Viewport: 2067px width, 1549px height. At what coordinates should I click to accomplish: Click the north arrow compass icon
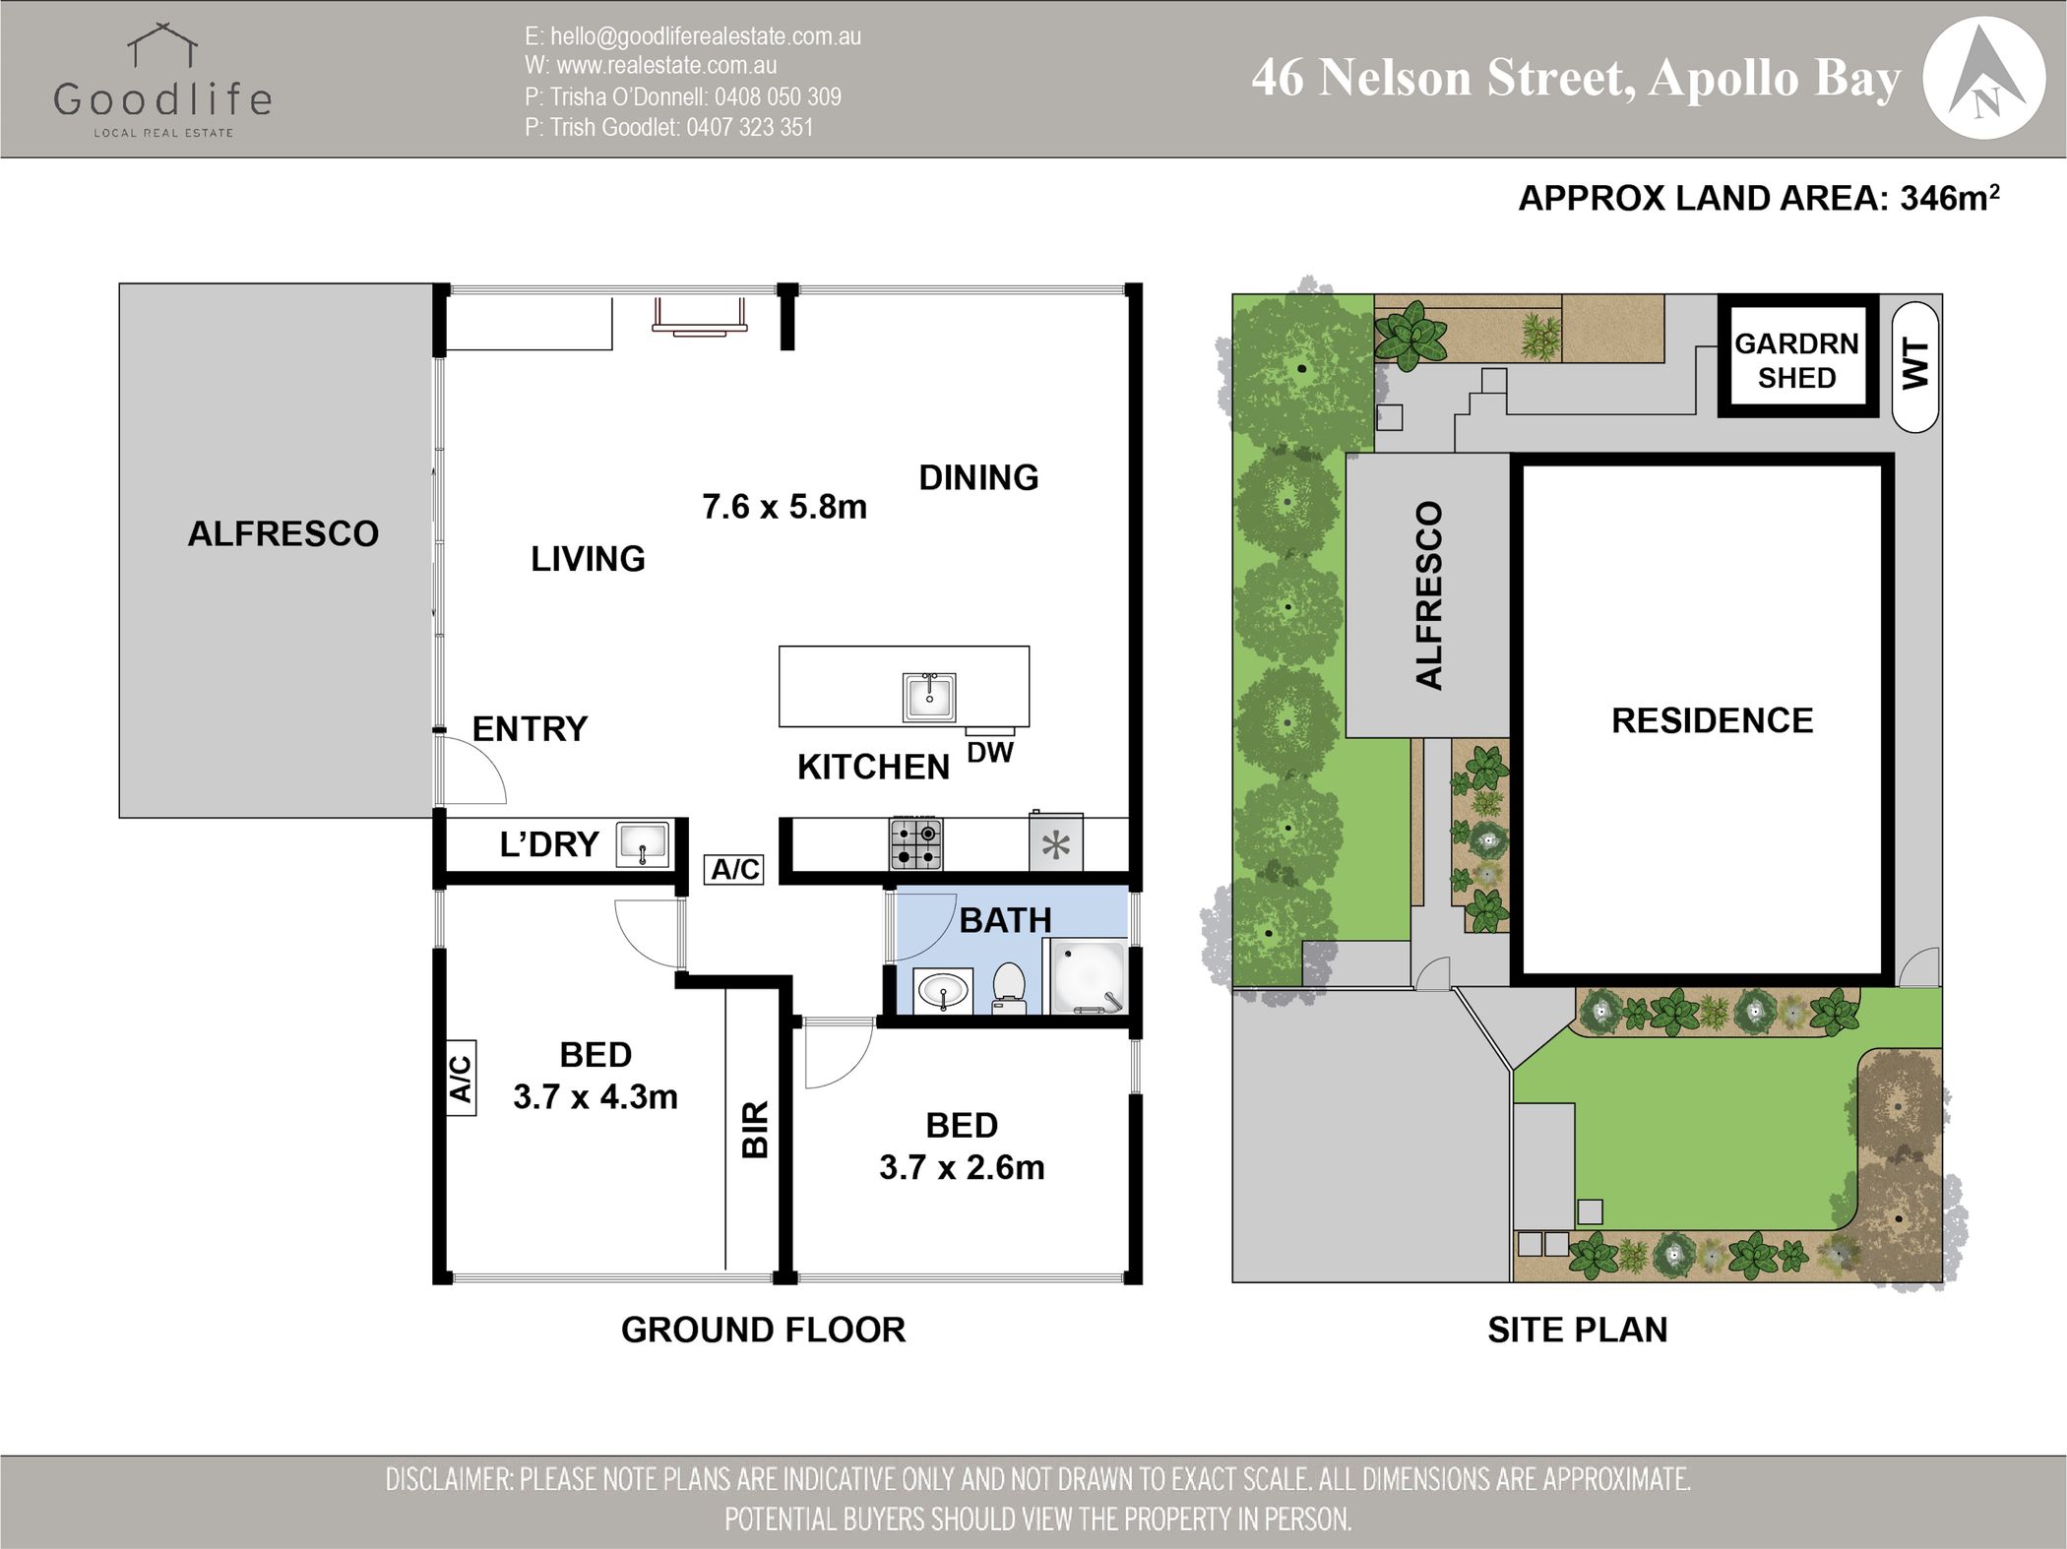[1983, 78]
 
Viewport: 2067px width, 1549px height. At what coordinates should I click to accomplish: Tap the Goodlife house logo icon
[162, 46]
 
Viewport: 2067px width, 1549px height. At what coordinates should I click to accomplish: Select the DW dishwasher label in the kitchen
[990, 753]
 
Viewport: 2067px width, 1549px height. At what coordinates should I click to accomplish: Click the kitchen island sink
[929, 697]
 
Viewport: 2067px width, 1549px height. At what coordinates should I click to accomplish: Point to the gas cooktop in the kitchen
[915, 843]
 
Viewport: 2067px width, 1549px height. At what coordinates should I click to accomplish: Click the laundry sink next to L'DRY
[643, 844]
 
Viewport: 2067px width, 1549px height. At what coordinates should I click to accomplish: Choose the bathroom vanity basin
[944, 991]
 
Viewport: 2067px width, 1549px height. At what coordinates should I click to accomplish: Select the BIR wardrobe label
[754, 1130]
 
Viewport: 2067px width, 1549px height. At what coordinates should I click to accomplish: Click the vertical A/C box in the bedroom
[461, 1078]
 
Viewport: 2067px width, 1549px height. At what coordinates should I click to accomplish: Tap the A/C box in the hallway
[735, 869]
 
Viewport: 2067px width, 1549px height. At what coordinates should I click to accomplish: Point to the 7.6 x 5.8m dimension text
[784, 507]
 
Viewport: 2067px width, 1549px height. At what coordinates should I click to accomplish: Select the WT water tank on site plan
[1915, 365]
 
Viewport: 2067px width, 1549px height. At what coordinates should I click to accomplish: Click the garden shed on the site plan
[1797, 355]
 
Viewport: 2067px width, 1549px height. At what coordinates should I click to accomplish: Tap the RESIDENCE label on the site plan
[1712, 720]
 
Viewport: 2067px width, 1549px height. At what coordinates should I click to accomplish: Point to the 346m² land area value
[1950, 198]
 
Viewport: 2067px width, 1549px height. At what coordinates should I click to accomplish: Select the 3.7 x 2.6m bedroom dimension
[962, 1167]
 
